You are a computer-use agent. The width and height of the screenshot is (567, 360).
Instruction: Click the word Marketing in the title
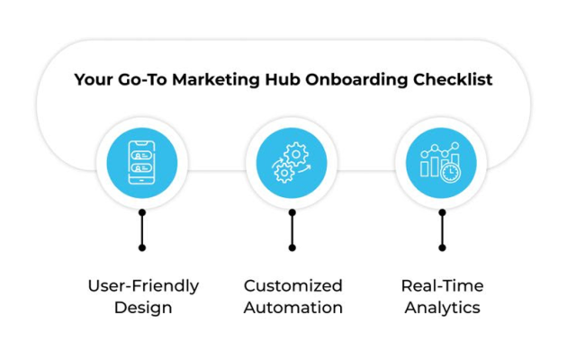215,80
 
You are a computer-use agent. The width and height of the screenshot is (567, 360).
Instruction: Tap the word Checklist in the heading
453,79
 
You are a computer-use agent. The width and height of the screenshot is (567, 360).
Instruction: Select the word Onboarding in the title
356,80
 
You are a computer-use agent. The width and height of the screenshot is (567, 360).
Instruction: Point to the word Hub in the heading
282,79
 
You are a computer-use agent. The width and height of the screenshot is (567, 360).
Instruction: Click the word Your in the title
94,79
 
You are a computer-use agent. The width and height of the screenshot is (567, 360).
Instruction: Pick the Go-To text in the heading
142,79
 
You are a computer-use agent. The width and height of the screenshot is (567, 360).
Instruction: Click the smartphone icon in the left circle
142,162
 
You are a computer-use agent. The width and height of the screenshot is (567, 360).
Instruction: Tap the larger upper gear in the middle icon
296,154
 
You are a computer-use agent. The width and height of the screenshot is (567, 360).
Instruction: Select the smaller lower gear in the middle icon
284,173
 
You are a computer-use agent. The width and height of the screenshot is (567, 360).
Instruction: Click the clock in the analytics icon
451,173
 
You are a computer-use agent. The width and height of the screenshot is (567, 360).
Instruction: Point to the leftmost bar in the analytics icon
425,167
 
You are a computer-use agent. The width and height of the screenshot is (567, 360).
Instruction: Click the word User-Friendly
143,286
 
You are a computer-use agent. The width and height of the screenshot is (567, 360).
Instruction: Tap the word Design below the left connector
143,308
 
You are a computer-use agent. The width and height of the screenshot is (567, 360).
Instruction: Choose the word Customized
292,286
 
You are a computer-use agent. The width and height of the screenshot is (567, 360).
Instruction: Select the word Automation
292,308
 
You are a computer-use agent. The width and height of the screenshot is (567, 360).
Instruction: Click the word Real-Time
442,286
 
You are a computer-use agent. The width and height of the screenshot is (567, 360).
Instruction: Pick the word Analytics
442,309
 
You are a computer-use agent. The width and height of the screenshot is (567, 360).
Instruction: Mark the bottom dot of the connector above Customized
292,247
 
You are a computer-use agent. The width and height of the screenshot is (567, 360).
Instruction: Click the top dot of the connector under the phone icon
142,212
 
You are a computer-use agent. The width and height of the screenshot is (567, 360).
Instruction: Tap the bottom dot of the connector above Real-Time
442,247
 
